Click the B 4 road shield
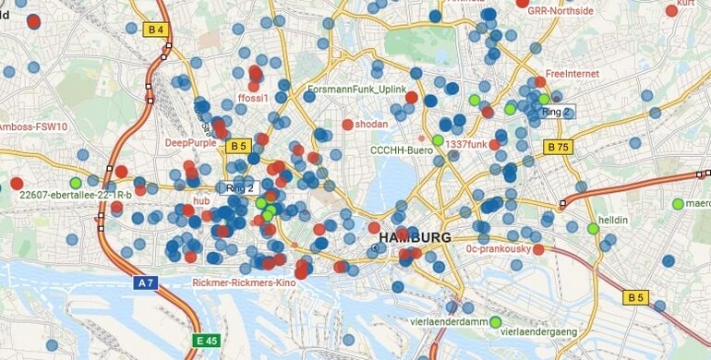coord(156,30)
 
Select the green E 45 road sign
coord(206,341)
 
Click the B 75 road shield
coord(558,146)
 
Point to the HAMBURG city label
coord(414,238)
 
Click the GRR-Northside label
coord(560,11)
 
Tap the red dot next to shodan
coord(347,125)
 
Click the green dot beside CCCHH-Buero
coord(438,140)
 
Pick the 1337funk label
coord(465,144)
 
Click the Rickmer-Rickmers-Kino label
coord(245,282)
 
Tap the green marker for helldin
coord(593,228)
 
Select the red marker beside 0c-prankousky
coord(537,248)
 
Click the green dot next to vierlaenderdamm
coord(495,322)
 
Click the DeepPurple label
coord(190,143)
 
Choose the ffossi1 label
coord(253,98)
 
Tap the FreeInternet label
coord(572,73)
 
